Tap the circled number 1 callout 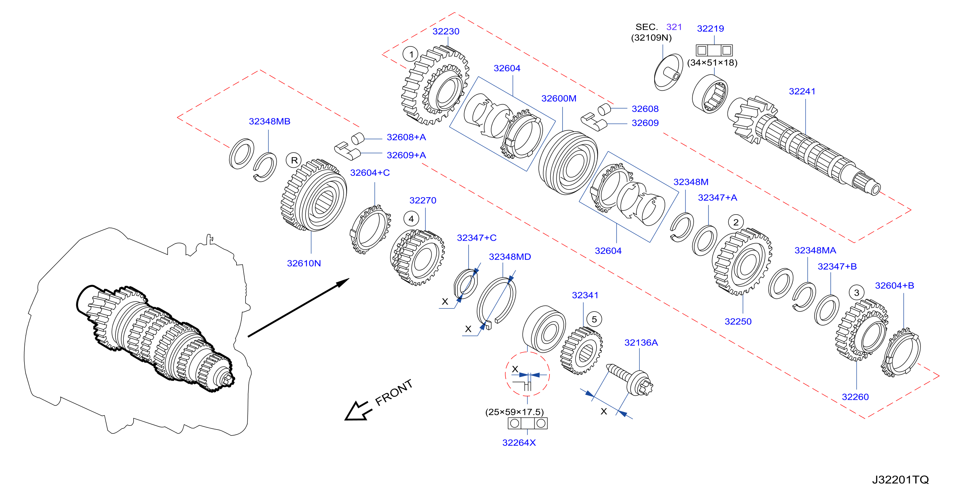coord(411,54)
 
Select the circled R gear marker coord(294,160)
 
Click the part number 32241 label coord(802,91)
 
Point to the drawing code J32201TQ coord(900,480)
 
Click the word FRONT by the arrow coord(394,392)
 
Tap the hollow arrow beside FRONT coord(358,411)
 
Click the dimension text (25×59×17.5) coord(515,412)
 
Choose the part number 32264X coord(519,443)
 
